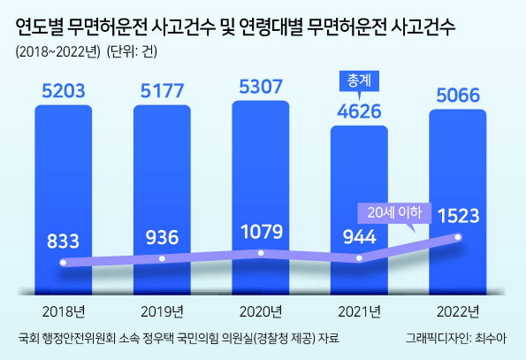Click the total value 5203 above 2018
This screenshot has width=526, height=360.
pyautogui.click(x=64, y=91)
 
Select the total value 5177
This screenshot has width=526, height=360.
pyautogui.click(x=162, y=91)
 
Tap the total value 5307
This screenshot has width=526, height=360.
pyautogui.click(x=261, y=87)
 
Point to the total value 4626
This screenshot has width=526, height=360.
pyautogui.click(x=359, y=111)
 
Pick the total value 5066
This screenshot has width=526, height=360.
pyautogui.click(x=458, y=96)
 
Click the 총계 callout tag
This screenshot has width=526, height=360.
pyautogui.click(x=359, y=81)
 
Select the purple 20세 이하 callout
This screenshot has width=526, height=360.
pyautogui.click(x=394, y=213)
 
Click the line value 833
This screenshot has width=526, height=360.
pyautogui.click(x=63, y=241)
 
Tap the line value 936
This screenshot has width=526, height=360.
pyautogui.click(x=162, y=238)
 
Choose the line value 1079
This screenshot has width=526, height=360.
pyautogui.click(x=262, y=232)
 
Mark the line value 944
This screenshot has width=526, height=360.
pyautogui.click(x=359, y=237)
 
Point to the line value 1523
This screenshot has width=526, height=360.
pyautogui.click(x=459, y=216)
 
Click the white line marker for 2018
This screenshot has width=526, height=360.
pyautogui.click(x=63, y=263)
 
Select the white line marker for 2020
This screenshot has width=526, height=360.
pyautogui.click(x=261, y=253)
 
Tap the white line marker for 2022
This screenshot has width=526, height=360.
pyautogui.click(x=458, y=237)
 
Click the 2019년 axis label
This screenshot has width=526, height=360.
pyautogui.click(x=162, y=311)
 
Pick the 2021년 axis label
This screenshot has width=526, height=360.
pyautogui.click(x=359, y=311)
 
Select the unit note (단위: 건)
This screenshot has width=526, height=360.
pyautogui.click(x=132, y=52)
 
